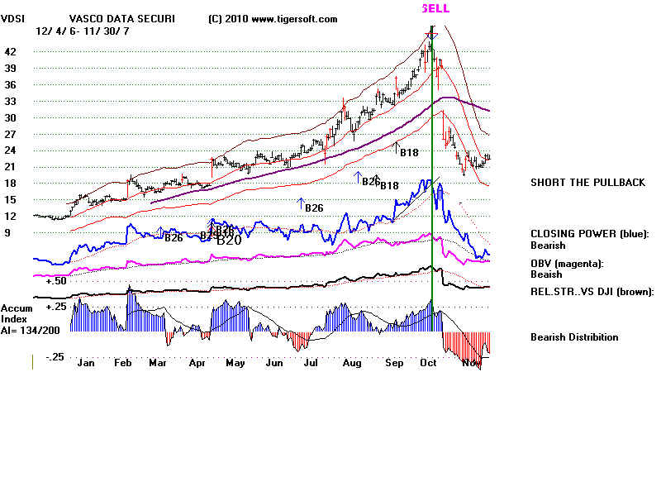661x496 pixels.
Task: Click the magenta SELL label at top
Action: (x=435, y=8)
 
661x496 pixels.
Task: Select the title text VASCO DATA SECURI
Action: (x=122, y=19)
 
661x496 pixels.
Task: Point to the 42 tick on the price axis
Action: (x=11, y=51)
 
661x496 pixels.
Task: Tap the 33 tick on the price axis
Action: (x=11, y=101)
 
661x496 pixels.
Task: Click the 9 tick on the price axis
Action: (x=8, y=233)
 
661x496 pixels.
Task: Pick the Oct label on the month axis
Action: (x=428, y=362)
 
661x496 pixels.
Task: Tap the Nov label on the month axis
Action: (x=470, y=362)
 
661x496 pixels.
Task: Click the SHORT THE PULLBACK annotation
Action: (x=587, y=183)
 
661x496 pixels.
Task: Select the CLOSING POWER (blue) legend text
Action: (x=590, y=234)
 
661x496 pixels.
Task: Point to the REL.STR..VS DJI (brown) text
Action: (x=592, y=292)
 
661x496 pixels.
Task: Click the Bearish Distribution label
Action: (x=574, y=337)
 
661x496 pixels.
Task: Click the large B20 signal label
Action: (x=229, y=241)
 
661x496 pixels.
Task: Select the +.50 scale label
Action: (x=56, y=281)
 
